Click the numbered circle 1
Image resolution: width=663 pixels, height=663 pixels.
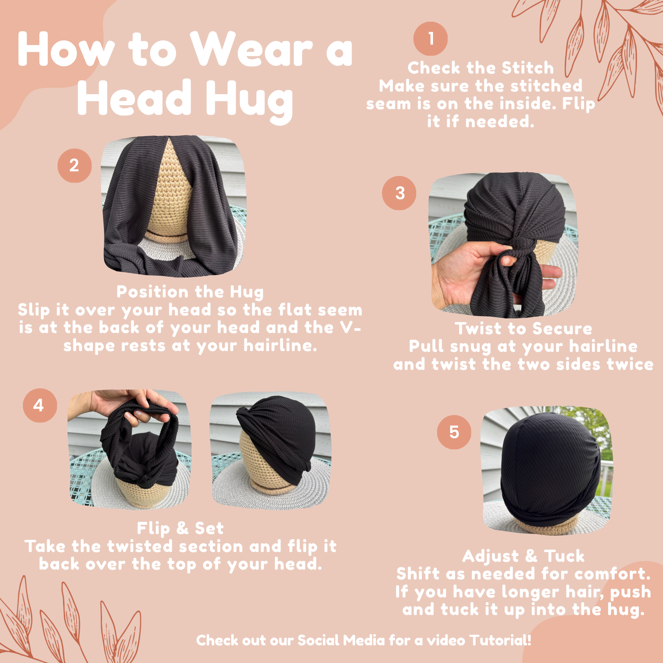click(431, 38)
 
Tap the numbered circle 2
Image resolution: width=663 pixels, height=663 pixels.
click(74, 165)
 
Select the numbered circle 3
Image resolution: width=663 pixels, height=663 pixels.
click(399, 193)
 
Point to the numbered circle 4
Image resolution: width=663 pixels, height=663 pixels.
click(40, 405)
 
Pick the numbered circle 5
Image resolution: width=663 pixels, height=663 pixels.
click(454, 432)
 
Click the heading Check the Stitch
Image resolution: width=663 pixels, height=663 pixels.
click(480, 68)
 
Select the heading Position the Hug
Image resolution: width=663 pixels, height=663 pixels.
click(190, 292)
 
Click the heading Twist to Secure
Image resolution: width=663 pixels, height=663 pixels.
click(523, 328)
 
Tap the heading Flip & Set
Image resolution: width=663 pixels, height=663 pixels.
click(180, 528)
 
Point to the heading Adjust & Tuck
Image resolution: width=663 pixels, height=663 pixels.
click(523, 556)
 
